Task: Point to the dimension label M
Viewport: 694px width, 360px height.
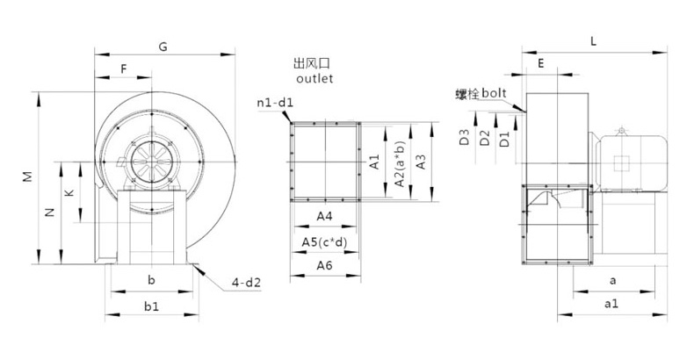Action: (28, 176)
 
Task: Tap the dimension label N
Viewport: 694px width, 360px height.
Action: (50, 212)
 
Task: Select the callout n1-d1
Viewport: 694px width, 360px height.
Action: (274, 104)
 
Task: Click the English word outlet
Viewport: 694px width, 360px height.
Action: (315, 78)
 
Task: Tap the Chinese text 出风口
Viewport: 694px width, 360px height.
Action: (315, 64)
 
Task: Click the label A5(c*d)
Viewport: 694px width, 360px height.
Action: (324, 241)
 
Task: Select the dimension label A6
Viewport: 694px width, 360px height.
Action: (324, 264)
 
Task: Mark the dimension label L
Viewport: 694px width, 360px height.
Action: (594, 40)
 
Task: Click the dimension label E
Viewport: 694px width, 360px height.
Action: (541, 64)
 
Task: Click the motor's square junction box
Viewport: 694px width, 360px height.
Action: (622, 162)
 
